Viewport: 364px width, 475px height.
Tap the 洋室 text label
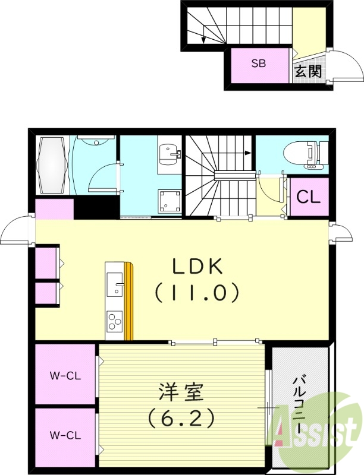click(x=181, y=393)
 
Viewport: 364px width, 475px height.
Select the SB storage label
click(x=258, y=64)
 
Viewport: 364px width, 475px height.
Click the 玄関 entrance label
click(x=308, y=72)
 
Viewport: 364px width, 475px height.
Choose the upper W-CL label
click(x=65, y=375)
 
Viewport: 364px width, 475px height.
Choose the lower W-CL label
click(x=65, y=435)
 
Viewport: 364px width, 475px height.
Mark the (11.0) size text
click(x=197, y=293)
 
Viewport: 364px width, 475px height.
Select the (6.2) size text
click(x=181, y=419)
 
